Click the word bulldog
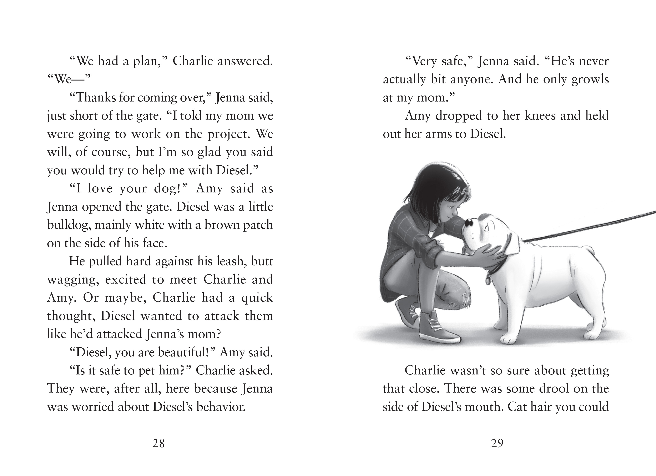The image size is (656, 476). (x=69, y=225)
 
